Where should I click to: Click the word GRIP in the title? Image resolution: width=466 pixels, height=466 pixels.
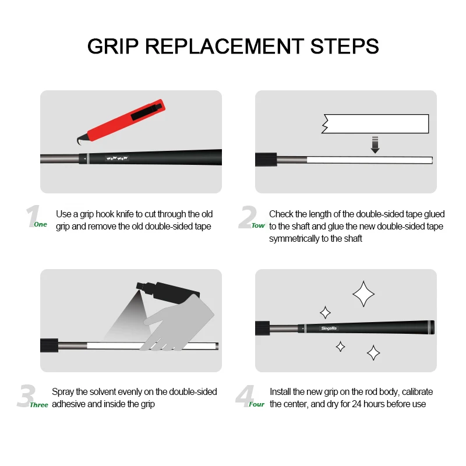coord(113,47)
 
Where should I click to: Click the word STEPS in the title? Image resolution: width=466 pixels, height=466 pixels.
coord(344,47)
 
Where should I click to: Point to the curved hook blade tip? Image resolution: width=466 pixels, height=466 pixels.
coord(79,144)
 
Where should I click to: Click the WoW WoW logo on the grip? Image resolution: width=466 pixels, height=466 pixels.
coord(117,158)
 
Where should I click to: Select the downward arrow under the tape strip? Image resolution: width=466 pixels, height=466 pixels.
coord(375,144)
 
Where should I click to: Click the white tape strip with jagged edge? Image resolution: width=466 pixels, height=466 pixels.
coord(375,123)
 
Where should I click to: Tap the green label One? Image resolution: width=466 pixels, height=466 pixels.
coord(40,224)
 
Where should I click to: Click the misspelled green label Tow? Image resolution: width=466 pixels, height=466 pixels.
coord(258,225)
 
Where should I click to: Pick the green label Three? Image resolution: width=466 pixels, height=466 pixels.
coord(39,405)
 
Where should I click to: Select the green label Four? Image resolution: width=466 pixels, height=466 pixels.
coord(256,404)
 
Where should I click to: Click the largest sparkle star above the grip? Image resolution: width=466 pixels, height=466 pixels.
coord(363,294)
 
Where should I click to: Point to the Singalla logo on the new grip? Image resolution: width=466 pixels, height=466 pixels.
coord(329,329)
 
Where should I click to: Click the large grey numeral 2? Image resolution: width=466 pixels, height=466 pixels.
coord(247,217)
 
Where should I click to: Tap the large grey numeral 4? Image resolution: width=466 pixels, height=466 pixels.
coord(245,396)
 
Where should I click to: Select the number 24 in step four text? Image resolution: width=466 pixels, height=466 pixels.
coord(357,404)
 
